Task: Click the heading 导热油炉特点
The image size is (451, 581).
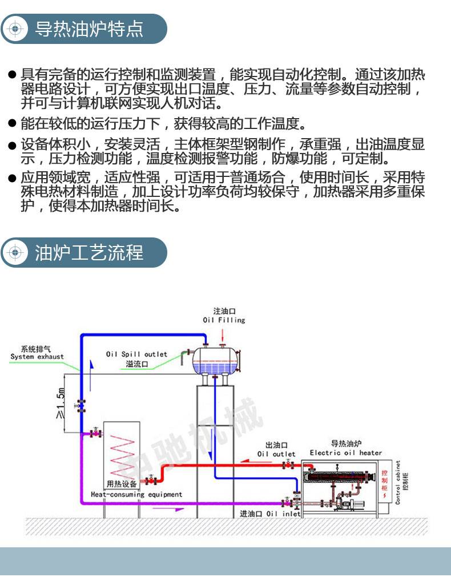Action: [x=89, y=29]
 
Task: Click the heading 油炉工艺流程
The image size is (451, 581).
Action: [x=89, y=252]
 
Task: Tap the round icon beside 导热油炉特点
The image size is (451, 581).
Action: [x=16, y=29]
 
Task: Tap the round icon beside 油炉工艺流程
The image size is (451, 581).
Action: [x=16, y=252]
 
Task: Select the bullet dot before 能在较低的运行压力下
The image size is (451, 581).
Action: [x=12, y=123]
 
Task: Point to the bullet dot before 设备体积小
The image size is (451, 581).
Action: [x=12, y=145]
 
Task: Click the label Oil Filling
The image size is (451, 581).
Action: [x=224, y=320]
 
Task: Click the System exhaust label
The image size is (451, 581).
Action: [x=37, y=357]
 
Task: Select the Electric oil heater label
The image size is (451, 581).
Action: [x=346, y=453]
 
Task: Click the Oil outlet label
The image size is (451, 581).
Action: [x=276, y=454]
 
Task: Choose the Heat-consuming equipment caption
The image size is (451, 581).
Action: [x=136, y=494]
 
